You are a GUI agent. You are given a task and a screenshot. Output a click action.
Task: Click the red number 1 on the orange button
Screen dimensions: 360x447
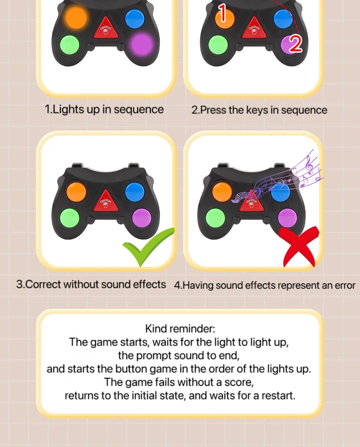pos(223,13)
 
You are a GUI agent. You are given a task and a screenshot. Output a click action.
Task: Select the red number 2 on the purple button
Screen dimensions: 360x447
pos(296,44)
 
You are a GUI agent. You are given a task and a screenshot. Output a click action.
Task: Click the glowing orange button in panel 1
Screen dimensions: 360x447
pos(76,17)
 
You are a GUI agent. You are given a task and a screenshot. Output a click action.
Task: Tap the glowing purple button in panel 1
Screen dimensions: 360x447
pos(141,45)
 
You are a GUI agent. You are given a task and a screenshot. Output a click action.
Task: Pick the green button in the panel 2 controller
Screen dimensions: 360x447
pos(218,45)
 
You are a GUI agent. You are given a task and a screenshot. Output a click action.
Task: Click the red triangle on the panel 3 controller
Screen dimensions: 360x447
pos(106,200)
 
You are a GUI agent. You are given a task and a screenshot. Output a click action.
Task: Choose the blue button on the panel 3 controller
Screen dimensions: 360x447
pos(135,192)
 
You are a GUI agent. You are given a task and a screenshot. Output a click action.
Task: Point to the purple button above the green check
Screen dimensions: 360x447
pos(142,218)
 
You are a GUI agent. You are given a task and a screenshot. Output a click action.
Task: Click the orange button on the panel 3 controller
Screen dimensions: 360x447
pos(76,192)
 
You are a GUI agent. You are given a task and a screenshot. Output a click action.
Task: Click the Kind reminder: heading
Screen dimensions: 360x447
pos(180,329)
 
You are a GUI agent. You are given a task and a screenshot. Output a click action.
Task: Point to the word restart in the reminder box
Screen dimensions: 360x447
pos(278,396)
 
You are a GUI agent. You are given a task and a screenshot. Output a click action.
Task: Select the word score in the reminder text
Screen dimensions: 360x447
pos(239,383)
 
